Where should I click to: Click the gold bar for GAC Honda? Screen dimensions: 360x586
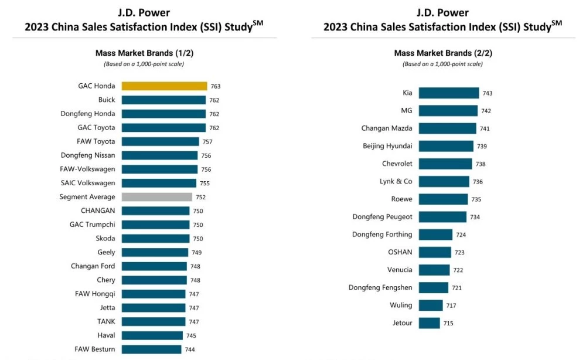[164, 86]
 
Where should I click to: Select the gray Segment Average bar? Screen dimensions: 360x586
[157, 197]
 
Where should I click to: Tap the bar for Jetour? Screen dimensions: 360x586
[429, 323]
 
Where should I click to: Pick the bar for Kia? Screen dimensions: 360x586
[448, 93]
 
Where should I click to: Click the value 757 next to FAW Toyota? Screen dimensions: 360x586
[207, 142]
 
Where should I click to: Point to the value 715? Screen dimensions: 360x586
[448, 323]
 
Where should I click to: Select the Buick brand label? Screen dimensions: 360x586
[107, 100]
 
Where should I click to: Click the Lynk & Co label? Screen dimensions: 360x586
[396, 182]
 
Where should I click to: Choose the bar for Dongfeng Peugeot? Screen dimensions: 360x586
[442, 217]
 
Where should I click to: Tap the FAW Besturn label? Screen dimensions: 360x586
[95, 349]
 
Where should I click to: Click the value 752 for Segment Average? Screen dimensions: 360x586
[200, 198]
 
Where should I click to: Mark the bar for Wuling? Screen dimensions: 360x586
[431, 305]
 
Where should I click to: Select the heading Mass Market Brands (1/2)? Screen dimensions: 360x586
[144, 53]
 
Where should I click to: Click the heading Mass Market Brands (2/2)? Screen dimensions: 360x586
[443, 53]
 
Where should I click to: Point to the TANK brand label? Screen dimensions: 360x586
[106, 322]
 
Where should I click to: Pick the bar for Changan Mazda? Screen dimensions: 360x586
[447, 128]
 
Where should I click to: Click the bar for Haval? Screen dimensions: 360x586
[152, 336]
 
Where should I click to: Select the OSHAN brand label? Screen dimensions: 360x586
[400, 252]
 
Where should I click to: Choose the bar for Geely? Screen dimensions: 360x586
[155, 253]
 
